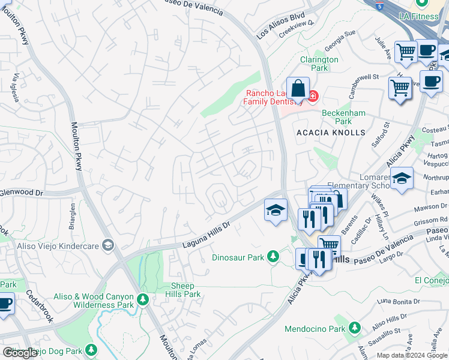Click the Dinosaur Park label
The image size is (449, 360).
(x=238, y=257)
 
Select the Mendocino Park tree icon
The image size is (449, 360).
(x=355, y=328)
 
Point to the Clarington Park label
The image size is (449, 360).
(x=319, y=64)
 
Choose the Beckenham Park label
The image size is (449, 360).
(x=345, y=116)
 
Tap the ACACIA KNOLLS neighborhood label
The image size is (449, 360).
(x=330, y=132)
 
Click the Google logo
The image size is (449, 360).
(x=20, y=353)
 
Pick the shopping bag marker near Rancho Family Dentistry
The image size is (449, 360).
(x=298, y=89)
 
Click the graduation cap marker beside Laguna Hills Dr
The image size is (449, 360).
(x=276, y=210)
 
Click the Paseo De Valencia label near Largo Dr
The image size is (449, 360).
(x=382, y=250)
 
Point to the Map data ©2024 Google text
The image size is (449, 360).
(x=411, y=355)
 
